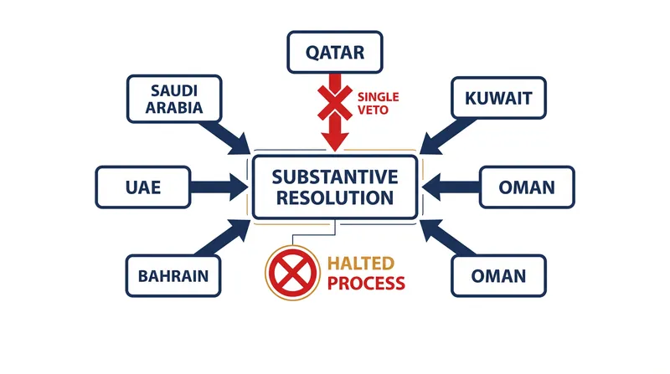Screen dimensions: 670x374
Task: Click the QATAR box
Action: coord(334,52)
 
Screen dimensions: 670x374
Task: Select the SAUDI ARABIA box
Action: coord(174,99)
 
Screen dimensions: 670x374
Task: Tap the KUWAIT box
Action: coord(498,98)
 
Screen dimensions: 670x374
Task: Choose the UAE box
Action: coord(143,187)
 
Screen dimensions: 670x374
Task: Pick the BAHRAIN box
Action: coord(173,276)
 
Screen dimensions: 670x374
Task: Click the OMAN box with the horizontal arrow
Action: coord(527,187)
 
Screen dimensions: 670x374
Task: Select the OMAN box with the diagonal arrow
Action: coord(498,276)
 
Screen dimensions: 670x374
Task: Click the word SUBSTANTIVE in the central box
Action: coord(335,177)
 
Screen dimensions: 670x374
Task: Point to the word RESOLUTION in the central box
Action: coord(335,197)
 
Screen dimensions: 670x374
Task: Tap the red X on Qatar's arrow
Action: coord(335,102)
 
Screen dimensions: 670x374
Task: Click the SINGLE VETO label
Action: coord(378,103)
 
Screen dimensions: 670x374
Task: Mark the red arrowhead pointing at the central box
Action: coord(335,141)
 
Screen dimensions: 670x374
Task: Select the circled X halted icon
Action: coord(292,273)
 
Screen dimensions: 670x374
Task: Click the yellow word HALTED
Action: coord(361,264)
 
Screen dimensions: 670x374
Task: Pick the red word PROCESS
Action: coord(366,283)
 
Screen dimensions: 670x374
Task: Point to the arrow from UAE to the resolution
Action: coord(219,187)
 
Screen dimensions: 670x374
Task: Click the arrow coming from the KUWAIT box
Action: coord(447,136)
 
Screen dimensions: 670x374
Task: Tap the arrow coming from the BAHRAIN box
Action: coord(223,238)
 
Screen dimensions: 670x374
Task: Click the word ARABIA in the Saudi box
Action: coord(174,107)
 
